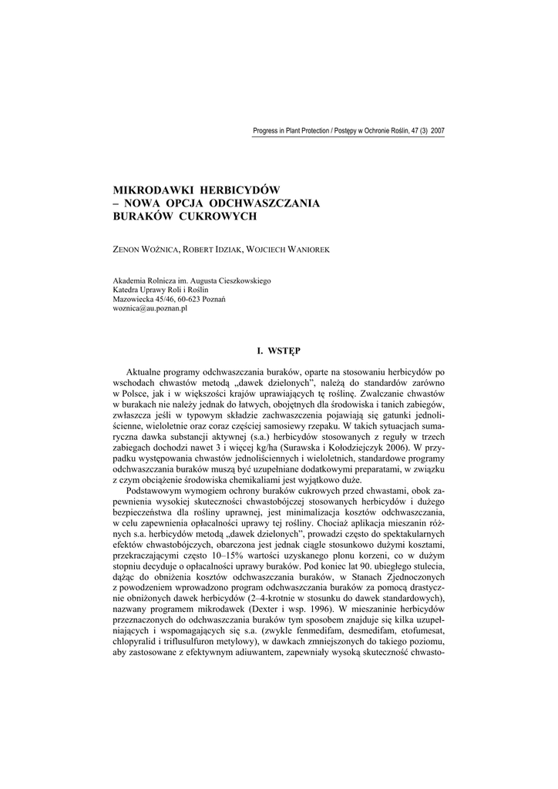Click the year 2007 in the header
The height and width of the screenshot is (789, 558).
click(437, 131)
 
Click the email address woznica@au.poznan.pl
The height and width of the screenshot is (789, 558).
click(150, 308)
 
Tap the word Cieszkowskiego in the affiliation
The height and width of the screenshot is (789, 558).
click(242, 281)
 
